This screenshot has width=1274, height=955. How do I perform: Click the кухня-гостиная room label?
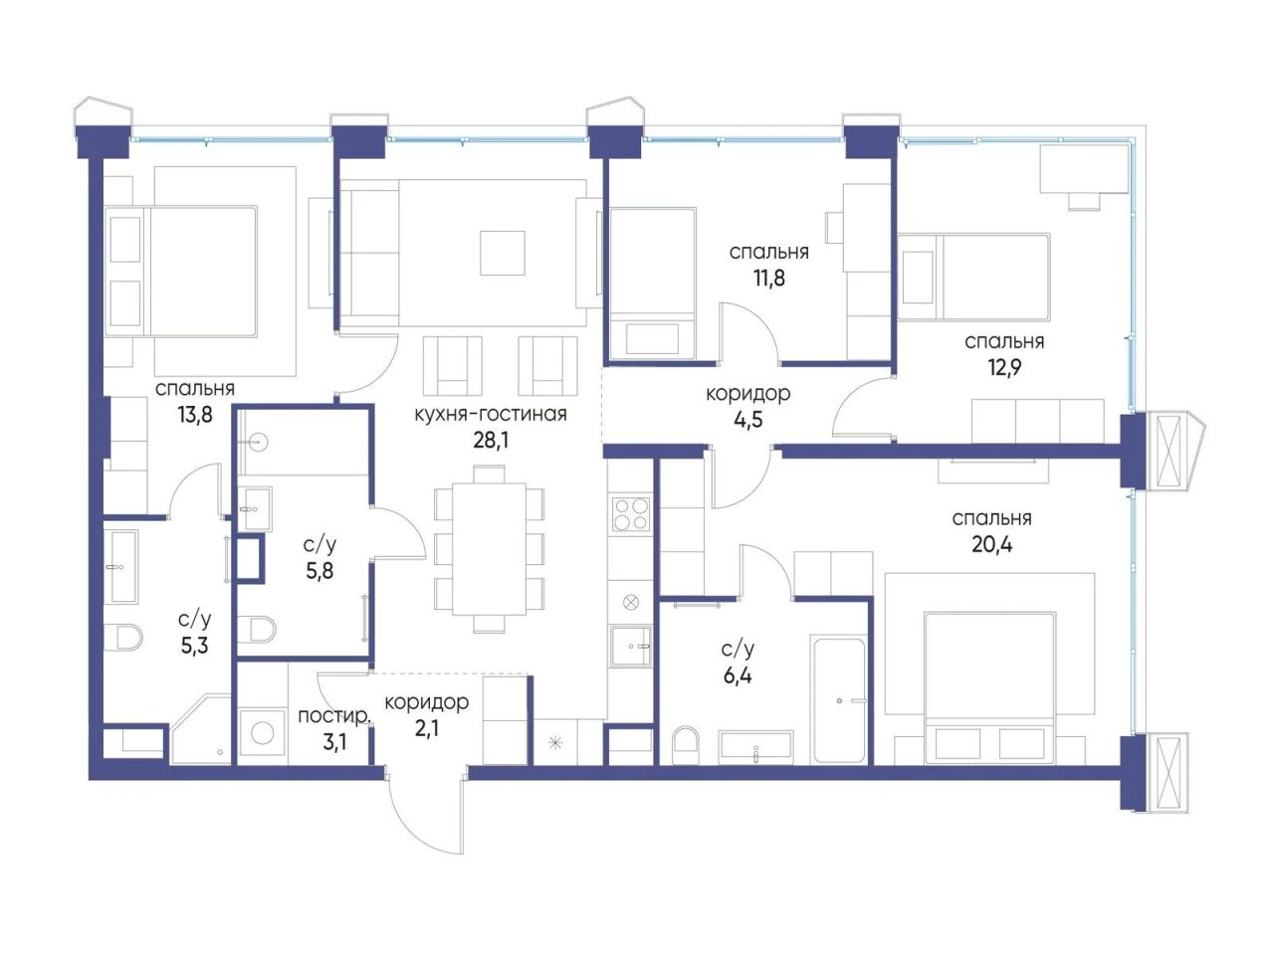[490, 414]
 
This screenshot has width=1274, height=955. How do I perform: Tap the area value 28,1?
[491, 440]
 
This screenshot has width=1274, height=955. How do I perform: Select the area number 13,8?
[195, 415]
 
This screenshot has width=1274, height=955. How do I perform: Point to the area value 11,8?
[768, 278]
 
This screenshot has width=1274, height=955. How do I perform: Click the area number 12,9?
[1004, 367]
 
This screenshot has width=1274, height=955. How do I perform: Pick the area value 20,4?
[992, 544]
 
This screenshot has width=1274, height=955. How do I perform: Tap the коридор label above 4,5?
[747, 394]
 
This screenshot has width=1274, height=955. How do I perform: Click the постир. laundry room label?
[333, 716]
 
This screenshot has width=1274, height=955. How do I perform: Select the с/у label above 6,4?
[738, 649]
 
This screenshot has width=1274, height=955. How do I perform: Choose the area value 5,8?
[319, 571]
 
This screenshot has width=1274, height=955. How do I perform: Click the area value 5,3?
[194, 646]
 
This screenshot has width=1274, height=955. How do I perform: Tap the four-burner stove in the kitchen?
[631, 513]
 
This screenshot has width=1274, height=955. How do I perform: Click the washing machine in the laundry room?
[263, 732]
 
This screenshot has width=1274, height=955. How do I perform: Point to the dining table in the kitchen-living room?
[490, 548]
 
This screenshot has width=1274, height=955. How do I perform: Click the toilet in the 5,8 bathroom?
[256, 629]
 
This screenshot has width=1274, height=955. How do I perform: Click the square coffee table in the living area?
[502, 253]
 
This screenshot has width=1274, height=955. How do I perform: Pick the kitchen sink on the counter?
[630, 646]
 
